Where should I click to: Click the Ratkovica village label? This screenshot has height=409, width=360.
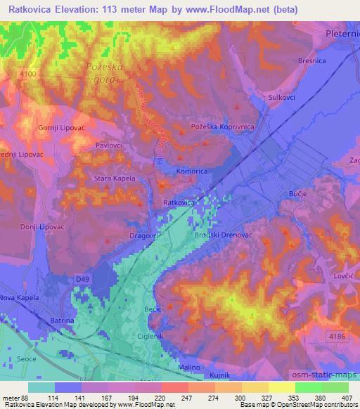point(178,202)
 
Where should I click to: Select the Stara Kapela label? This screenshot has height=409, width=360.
point(115,178)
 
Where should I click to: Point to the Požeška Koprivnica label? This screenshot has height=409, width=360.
point(222,126)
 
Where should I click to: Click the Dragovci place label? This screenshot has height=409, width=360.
point(146,237)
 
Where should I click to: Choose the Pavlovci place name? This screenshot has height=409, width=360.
point(109,146)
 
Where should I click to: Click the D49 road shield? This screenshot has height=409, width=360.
point(82,280)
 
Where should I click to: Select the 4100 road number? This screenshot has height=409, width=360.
point(30,72)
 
